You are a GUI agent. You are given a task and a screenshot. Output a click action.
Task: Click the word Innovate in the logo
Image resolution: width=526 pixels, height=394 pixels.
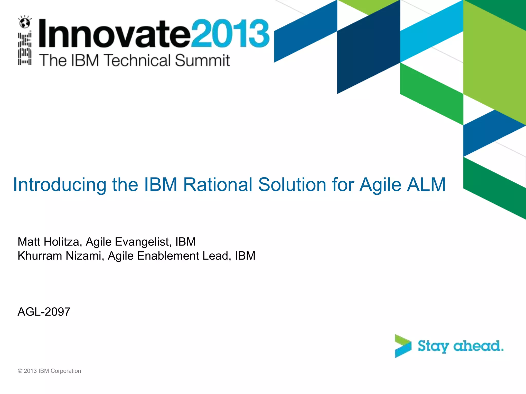click(x=114, y=33)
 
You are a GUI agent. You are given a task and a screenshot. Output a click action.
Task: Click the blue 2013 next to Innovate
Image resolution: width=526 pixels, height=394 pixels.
click(x=230, y=33)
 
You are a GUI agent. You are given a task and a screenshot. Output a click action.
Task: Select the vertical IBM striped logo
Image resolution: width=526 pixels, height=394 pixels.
click(x=25, y=49)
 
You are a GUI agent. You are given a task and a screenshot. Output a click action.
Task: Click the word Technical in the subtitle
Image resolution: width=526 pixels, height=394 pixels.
click(x=138, y=61)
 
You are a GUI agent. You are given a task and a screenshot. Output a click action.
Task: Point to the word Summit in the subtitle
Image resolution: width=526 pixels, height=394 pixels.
click(x=202, y=61)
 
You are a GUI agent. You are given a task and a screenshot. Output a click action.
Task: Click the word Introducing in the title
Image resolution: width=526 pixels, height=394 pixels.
click(x=60, y=185)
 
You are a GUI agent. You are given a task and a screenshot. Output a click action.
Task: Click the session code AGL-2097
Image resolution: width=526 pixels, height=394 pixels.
click(x=44, y=312)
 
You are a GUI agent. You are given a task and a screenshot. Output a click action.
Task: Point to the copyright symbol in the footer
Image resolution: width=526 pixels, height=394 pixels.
click(x=20, y=371)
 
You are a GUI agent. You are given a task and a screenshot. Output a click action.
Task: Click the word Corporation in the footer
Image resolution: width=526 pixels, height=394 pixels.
click(x=66, y=371)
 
